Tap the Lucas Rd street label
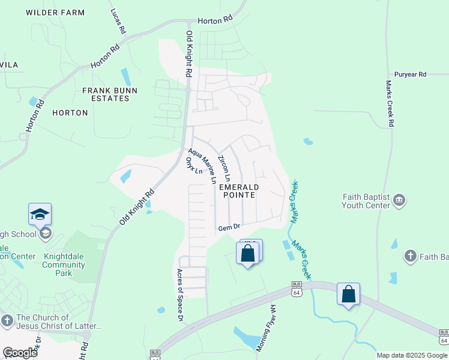pyautogui.click(x=118, y=21)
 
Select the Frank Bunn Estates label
pyautogui.click(x=110, y=94)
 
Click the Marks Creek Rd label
pyautogui.click(x=390, y=103)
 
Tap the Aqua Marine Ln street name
pyautogui.click(x=202, y=166)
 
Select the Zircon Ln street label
pyautogui.click(x=223, y=169)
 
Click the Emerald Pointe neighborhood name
pyautogui.click(x=237, y=191)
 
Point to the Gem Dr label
pyautogui.click(x=229, y=227)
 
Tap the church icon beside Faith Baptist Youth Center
pyautogui.click(x=400, y=200)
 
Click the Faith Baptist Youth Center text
pyautogui.click(x=366, y=201)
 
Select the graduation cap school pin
pyautogui.click(x=40, y=215)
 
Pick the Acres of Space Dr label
pyautogui.click(x=179, y=295)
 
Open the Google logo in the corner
pyautogui.click(x=20, y=353)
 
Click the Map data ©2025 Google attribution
pyautogui.click(x=412, y=355)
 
